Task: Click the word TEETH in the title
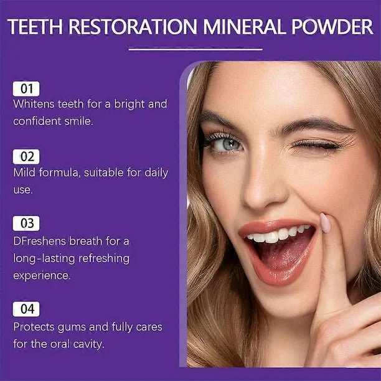click(37, 27)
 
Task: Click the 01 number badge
click(26, 88)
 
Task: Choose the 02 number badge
click(26, 156)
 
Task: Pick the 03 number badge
click(26, 223)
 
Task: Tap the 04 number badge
click(26, 309)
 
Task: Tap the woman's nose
click(269, 187)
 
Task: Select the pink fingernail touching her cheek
click(325, 222)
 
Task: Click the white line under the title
click(191, 49)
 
